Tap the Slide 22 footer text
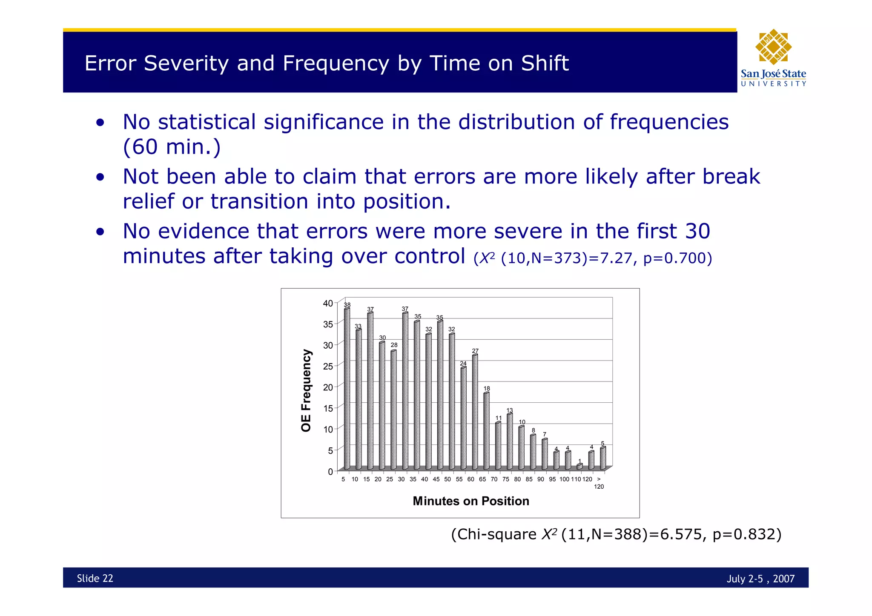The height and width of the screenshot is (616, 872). pyautogui.click(x=95, y=578)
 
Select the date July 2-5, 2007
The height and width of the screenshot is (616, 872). pyautogui.click(x=760, y=579)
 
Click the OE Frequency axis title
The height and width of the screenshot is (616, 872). pyautogui.click(x=306, y=390)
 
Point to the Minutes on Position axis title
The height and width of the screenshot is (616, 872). pyautogui.click(x=470, y=501)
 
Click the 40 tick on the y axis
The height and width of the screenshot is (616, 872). pyautogui.click(x=328, y=304)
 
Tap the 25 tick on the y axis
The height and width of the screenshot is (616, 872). pyautogui.click(x=328, y=366)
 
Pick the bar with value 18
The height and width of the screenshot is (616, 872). pyautogui.click(x=486, y=431)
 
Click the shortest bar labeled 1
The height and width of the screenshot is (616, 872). pyautogui.click(x=579, y=467)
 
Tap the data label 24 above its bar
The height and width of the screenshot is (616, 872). pyautogui.click(x=463, y=363)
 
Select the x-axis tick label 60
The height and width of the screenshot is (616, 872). pyautogui.click(x=470, y=479)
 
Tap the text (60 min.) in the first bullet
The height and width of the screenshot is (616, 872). pyautogui.click(x=172, y=147)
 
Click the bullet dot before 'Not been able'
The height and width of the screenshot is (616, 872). pyautogui.click(x=100, y=177)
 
